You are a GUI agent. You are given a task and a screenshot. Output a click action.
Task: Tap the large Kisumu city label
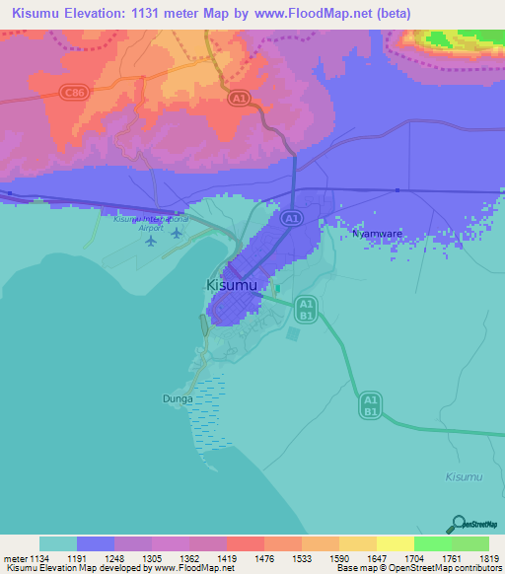pos(232,285)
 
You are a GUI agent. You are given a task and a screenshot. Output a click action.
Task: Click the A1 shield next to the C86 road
pos(240,99)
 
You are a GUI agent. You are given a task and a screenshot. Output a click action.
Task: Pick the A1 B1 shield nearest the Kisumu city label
pos(306,309)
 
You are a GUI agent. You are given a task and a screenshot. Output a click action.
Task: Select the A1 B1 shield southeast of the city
pos(370,404)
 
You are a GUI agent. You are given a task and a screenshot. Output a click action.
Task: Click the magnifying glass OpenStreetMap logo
pos(458,524)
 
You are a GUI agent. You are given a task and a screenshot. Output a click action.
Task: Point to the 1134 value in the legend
pos(36,558)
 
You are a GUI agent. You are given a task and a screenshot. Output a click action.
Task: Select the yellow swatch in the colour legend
pos(395,543)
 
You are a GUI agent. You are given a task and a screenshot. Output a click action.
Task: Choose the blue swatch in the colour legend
pos(96,543)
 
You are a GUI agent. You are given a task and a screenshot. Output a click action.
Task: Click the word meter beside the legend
pos(13,558)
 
